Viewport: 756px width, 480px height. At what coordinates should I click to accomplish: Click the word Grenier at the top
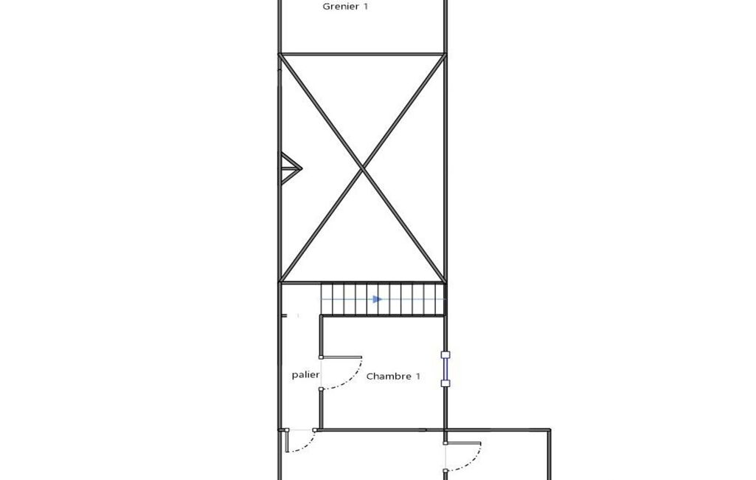(341, 7)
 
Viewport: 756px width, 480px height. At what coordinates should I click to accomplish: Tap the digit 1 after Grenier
(366, 7)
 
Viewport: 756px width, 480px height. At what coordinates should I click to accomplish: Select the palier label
(305, 374)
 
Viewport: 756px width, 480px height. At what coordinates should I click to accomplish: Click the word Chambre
(389, 376)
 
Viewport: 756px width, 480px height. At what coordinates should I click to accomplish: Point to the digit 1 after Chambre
(417, 376)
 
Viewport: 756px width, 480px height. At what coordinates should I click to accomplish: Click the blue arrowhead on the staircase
(378, 299)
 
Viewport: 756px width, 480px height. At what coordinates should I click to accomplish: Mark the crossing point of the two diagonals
(362, 168)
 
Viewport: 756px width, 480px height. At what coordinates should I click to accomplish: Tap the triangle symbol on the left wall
(291, 168)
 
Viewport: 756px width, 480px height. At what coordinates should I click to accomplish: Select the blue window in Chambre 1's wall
(445, 369)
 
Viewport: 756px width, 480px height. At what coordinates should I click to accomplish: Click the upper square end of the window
(445, 355)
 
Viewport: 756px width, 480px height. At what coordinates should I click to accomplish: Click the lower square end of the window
(445, 383)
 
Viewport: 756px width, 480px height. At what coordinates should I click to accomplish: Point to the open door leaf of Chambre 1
(341, 357)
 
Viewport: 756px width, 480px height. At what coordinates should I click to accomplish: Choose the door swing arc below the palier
(305, 445)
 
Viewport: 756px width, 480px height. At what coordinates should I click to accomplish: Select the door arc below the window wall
(470, 460)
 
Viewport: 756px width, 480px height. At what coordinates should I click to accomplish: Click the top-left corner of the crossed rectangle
(280, 54)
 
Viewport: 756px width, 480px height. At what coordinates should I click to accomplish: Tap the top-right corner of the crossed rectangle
(445, 54)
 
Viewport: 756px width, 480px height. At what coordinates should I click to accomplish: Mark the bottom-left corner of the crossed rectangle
(280, 283)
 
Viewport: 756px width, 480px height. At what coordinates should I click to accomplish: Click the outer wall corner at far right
(549, 429)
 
